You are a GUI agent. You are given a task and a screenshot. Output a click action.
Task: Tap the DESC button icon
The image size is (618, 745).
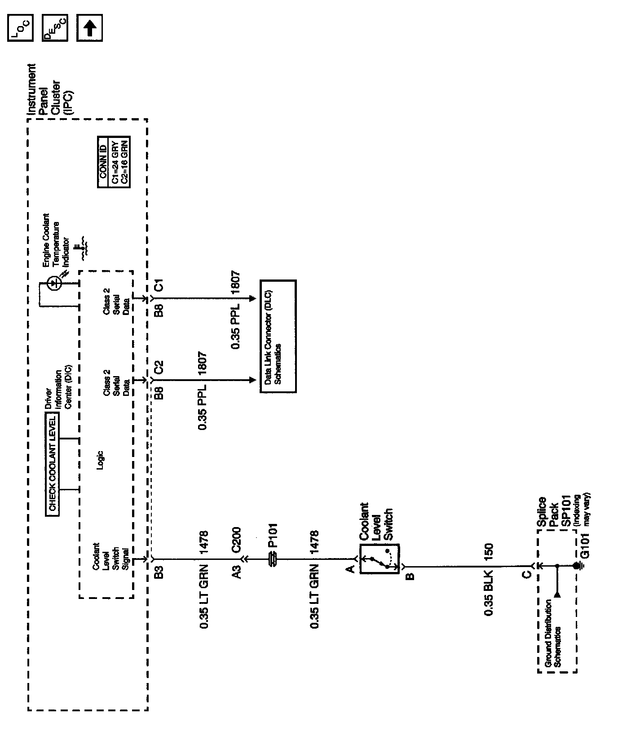click(x=55, y=28)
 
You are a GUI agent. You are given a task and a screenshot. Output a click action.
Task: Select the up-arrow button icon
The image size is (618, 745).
click(x=89, y=28)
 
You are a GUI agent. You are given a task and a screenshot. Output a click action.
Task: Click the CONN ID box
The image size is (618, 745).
click(x=114, y=161)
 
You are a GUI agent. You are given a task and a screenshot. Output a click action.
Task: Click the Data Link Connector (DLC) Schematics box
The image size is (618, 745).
click(x=278, y=336)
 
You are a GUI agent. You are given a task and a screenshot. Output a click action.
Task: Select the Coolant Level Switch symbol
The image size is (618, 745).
click(x=380, y=559)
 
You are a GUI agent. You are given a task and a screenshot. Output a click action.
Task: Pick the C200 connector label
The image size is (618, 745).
click(x=236, y=539)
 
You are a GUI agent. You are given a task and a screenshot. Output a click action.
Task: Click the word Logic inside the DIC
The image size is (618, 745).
click(x=100, y=459)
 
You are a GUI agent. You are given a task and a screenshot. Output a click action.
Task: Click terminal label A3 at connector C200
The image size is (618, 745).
click(x=237, y=572)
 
